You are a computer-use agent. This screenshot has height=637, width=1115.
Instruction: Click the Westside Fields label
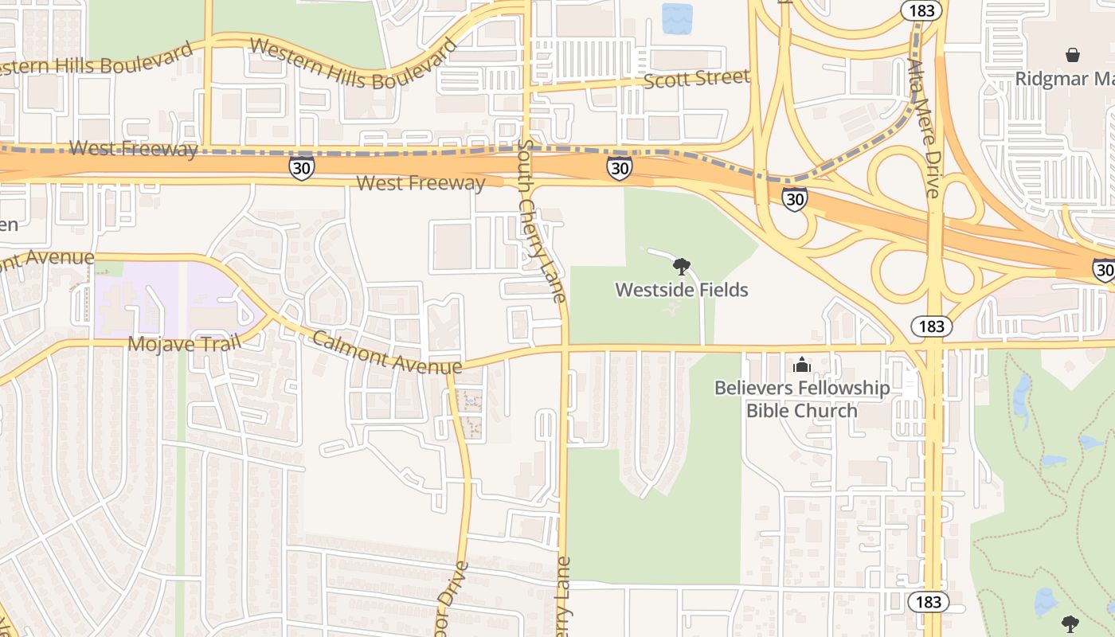pyautogui.click(x=681, y=290)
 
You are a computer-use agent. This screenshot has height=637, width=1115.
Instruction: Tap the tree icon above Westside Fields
pyautogui.click(x=681, y=267)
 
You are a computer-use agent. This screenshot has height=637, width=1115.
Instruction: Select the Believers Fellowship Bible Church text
pyautogui.click(x=801, y=399)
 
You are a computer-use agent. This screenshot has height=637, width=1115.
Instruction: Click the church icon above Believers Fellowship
pyautogui.click(x=801, y=365)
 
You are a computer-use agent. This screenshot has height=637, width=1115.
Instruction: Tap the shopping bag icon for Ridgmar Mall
pyautogui.click(x=1073, y=55)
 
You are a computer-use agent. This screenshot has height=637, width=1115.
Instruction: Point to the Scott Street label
pyautogui.click(x=696, y=79)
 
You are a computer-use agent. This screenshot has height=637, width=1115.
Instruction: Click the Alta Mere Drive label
pyautogui.click(x=924, y=127)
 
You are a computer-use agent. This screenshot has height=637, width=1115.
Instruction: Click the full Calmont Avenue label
pyautogui.click(x=386, y=352)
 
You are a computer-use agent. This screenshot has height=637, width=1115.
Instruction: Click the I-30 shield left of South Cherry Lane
pyautogui.click(x=302, y=167)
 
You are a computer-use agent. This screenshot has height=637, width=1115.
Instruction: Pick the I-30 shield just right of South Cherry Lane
pyautogui.click(x=619, y=167)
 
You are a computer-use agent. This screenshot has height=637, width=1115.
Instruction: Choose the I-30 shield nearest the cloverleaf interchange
pyautogui.click(x=794, y=198)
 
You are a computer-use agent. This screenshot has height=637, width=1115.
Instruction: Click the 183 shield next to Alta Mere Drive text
pyautogui.click(x=922, y=10)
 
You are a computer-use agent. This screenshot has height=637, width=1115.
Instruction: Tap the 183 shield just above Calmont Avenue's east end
pyautogui.click(x=930, y=326)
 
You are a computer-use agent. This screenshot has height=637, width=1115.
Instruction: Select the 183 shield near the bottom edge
pyautogui.click(x=929, y=602)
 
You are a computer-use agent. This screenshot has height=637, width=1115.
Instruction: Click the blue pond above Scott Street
pyautogui.click(x=677, y=18)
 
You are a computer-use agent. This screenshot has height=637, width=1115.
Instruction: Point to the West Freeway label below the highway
pyautogui.click(x=421, y=183)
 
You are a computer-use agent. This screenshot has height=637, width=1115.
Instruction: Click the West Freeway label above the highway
pyautogui.click(x=133, y=148)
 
